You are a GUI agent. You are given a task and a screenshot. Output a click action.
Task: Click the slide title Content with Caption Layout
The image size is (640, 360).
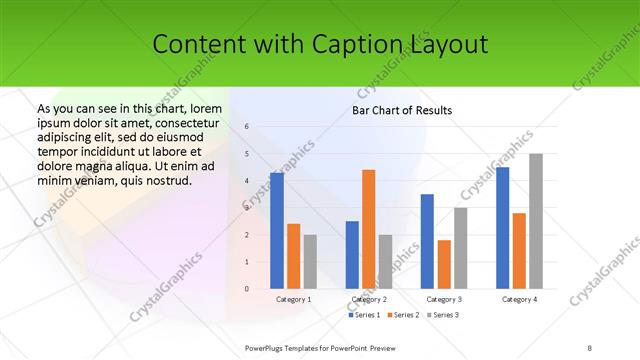pos(320,44)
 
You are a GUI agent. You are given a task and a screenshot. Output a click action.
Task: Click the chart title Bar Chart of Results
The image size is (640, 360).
pos(402,110)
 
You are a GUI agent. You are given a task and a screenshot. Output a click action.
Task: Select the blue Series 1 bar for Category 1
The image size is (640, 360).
pos(276,231)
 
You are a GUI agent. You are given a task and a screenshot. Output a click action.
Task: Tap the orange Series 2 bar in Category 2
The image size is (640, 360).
pos(369,229)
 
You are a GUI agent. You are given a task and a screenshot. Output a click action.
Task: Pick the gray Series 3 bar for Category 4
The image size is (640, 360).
pos(536,221)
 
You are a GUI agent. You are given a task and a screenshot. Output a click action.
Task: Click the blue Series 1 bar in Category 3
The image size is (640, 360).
pos(427,241)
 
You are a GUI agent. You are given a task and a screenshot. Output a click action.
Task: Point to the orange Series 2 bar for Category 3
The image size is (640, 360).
pos(444,264)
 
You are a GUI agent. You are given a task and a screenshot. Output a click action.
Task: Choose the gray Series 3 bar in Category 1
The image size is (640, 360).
pos(310,262)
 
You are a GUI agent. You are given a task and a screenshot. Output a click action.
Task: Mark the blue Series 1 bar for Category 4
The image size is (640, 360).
pos(502,228)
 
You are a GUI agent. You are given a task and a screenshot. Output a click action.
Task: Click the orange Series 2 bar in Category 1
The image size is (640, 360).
pos(293,256)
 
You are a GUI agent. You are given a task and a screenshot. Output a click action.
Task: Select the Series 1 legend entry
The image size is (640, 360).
pos(365,315)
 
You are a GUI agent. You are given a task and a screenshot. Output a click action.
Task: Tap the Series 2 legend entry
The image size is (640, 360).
pos(403,315)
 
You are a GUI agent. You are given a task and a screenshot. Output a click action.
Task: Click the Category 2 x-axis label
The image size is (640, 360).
pos(369,299)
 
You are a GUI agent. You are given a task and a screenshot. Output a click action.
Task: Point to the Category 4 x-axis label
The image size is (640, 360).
pos(519,299)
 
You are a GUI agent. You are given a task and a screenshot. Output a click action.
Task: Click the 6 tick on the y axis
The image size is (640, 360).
pos(247,127)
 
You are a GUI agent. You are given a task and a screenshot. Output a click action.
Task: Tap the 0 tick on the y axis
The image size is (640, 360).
pos(247,289)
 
